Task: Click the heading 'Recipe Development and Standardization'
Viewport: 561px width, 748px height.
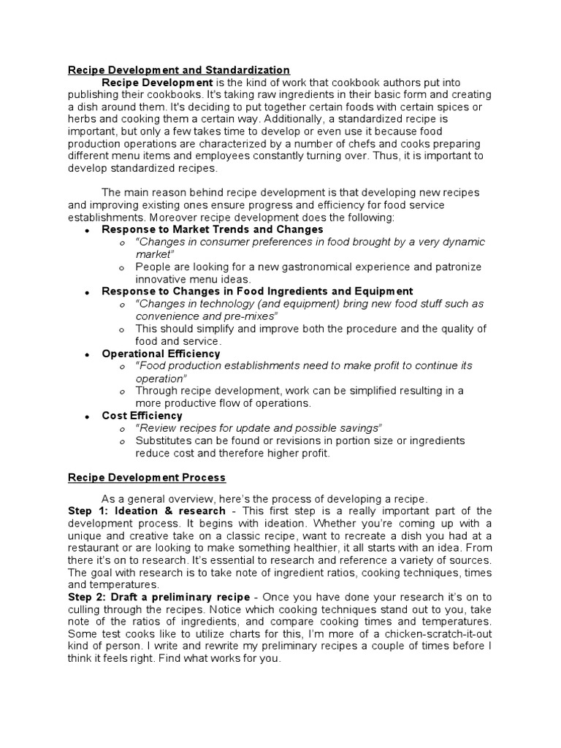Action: tap(179, 70)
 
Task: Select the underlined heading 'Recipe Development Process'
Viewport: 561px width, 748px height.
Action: tap(147, 478)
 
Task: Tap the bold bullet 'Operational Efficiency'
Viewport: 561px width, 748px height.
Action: tap(151, 354)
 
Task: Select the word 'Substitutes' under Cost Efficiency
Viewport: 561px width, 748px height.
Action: tap(163, 440)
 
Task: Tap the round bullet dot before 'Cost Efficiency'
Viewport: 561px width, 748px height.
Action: tap(87, 416)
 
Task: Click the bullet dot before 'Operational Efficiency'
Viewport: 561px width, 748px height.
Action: tap(87, 354)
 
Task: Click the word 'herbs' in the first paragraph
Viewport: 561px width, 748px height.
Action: tap(82, 118)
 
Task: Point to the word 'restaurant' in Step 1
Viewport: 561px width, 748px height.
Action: tap(93, 548)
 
